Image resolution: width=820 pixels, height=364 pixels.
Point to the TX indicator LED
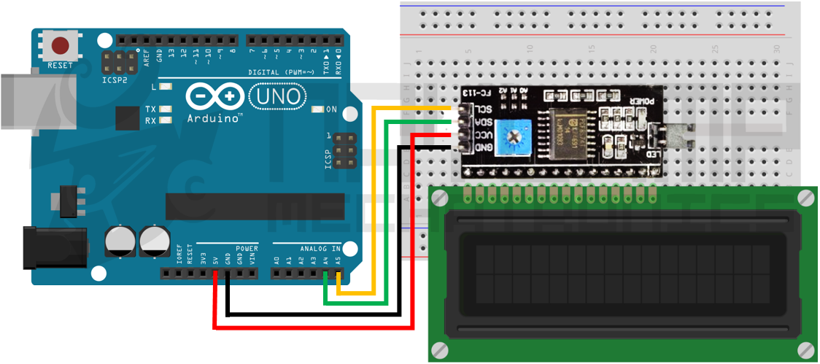[166, 109]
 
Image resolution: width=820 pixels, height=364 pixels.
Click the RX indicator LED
[166, 120]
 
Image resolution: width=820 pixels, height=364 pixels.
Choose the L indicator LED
[166, 87]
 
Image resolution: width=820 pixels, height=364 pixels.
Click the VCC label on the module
[484, 135]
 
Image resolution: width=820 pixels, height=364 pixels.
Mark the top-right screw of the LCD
[805, 197]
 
